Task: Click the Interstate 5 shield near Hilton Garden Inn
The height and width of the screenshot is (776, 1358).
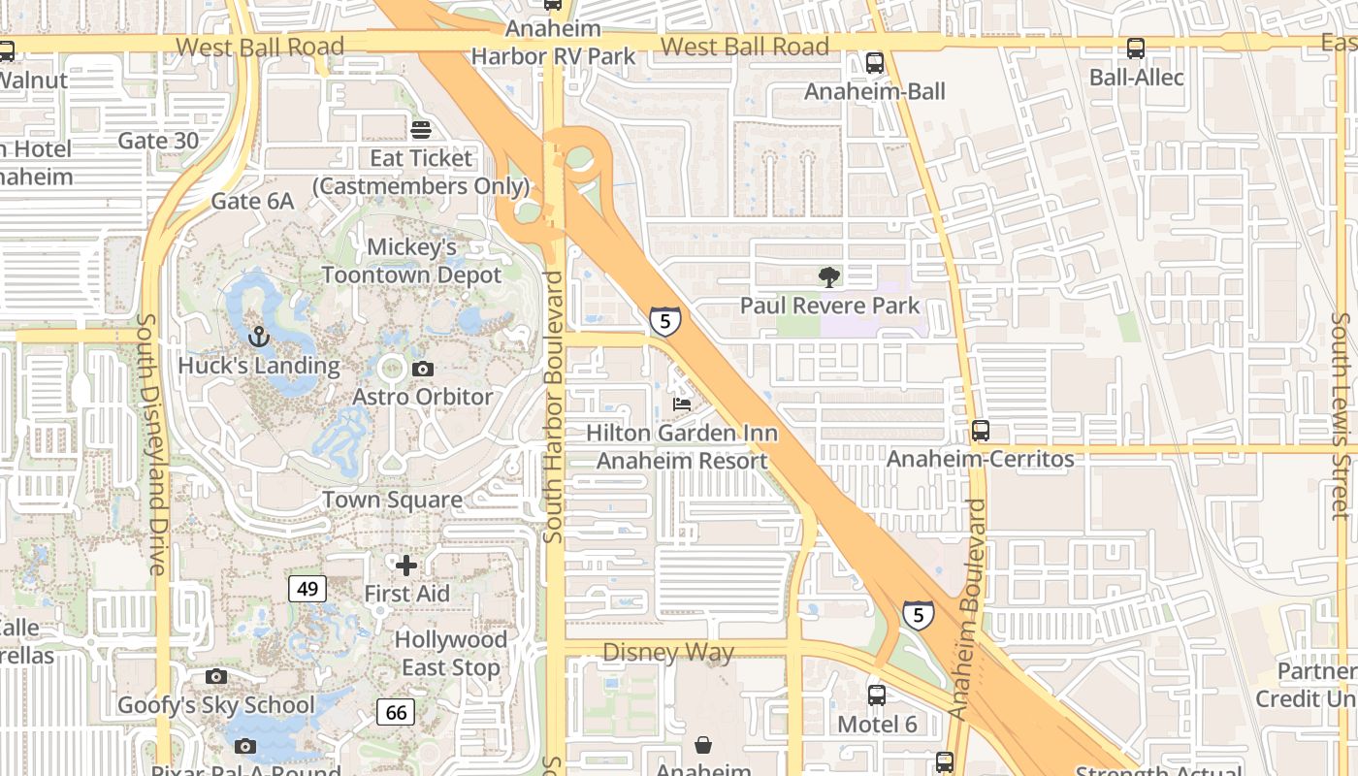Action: point(664,319)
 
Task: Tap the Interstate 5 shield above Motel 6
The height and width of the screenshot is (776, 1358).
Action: point(918,614)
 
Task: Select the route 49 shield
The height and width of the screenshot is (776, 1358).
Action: point(307,588)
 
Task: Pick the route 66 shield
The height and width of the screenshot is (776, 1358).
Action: point(396,712)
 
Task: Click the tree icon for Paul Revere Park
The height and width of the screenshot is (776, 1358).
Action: point(828,278)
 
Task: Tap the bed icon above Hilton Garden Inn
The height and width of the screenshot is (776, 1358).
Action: point(682,404)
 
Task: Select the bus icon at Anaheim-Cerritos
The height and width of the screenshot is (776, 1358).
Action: point(981,430)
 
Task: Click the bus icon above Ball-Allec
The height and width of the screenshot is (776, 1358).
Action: point(1136,48)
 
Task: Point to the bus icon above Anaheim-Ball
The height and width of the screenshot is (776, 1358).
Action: point(875,63)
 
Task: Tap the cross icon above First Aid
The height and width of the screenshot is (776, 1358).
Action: point(406,565)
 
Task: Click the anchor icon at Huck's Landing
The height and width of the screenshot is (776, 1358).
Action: point(258,337)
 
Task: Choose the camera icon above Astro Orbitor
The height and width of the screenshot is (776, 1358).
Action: point(422,369)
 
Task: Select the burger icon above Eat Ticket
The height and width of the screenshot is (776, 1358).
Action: point(421,129)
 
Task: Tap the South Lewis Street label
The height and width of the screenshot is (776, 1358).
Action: point(1340,415)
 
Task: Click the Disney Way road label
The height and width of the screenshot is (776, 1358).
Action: point(668,652)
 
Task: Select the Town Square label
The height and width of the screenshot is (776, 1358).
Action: point(392,500)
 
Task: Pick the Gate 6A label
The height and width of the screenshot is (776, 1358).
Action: point(252,201)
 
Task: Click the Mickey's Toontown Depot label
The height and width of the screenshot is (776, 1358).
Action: point(411,261)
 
